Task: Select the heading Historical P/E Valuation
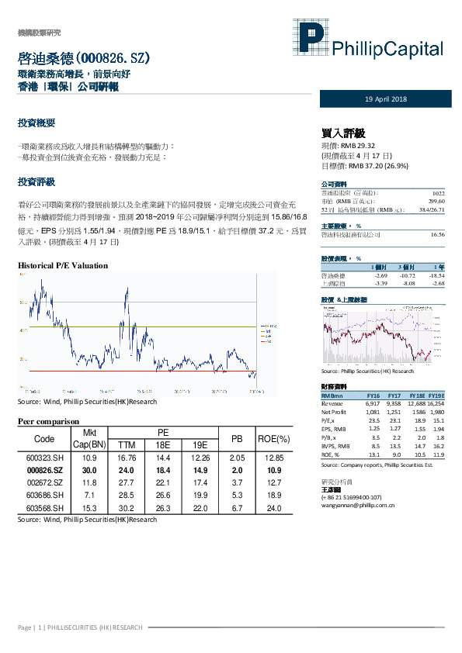(x=62, y=265)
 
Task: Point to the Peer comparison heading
(x=50, y=421)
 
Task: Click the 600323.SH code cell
(x=40, y=459)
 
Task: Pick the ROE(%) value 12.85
(x=274, y=459)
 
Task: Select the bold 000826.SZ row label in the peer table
(x=40, y=470)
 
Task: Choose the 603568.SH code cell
(x=40, y=507)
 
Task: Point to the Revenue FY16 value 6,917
(x=373, y=403)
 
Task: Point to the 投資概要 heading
(x=36, y=123)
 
